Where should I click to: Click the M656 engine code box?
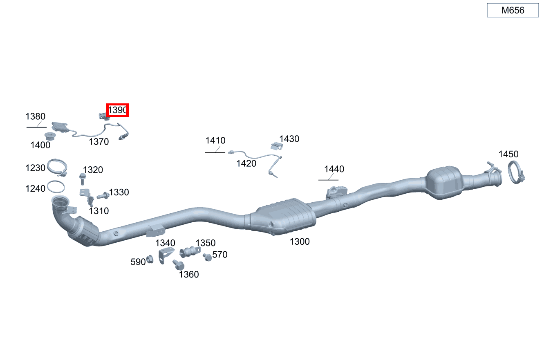click(513, 10)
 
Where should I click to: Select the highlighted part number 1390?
click(118, 110)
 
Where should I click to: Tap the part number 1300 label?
click(300, 241)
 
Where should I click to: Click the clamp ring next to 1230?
click(57, 168)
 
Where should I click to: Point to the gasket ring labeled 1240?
click(56, 186)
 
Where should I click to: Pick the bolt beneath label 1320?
click(83, 179)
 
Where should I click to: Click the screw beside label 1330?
click(103, 196)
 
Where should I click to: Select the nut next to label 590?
click(150, 259)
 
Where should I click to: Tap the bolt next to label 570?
click(207, 257)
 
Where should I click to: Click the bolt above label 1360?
click(179, 265)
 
